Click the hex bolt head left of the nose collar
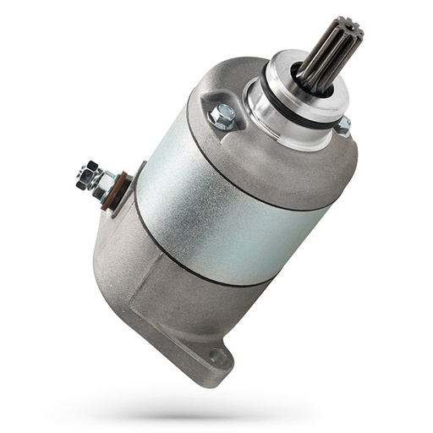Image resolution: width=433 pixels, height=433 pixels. tap(222, 117)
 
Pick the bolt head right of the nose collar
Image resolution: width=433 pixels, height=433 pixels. tap(343, 126)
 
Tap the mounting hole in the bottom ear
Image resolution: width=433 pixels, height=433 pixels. tap(219, 358)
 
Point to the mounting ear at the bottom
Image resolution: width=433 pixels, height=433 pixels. tap(207, 355)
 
